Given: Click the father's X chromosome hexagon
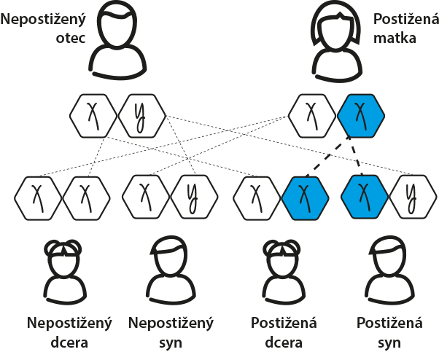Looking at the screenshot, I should [93, 114].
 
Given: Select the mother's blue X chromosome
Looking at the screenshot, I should [360, 114].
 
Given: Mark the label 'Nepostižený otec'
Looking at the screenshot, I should [41, 28].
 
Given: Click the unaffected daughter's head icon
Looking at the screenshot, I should [64, 260].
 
